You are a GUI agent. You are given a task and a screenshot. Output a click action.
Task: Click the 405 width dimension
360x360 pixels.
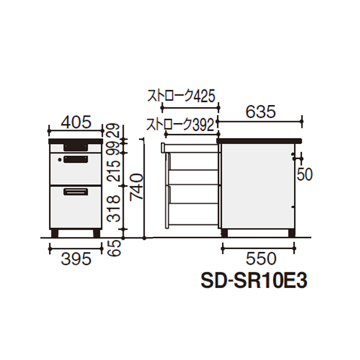coord(76,122)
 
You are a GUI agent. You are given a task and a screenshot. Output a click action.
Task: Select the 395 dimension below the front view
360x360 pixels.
coord(76,259)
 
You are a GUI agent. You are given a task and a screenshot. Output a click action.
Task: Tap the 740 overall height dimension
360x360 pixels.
coord(136,187)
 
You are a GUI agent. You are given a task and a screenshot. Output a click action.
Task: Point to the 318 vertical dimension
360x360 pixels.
coord(114,209)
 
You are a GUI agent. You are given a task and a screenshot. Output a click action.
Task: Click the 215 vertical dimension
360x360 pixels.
coord(114,170)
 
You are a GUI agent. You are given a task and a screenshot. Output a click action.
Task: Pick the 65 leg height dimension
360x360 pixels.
coord(114,248)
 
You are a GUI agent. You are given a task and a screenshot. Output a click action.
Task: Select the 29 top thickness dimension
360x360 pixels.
coord(114,130)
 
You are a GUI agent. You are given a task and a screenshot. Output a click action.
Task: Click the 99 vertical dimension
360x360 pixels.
coord(114,148)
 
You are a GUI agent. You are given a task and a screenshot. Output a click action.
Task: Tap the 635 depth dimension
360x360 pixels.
coord(260,112)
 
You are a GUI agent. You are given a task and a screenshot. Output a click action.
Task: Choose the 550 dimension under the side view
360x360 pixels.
coord(261,259)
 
